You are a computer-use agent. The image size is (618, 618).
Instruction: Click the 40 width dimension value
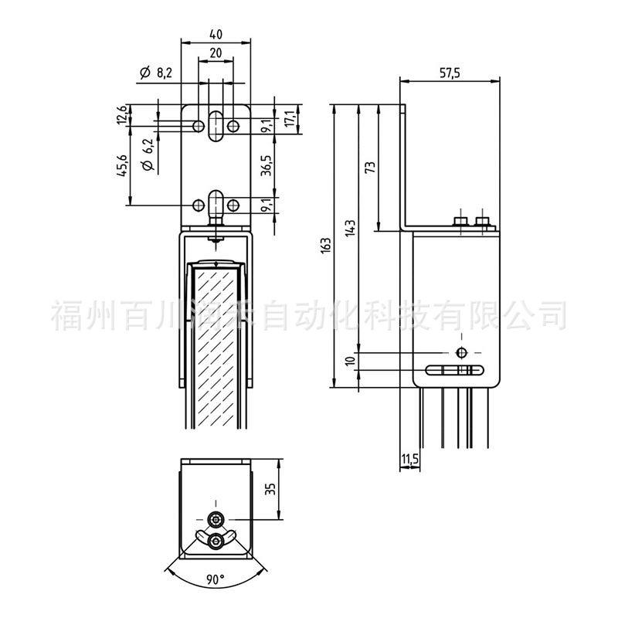(216, 34)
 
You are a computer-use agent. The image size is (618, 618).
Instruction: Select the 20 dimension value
(216, 53)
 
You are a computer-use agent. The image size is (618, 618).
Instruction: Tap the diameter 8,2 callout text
(156, 73)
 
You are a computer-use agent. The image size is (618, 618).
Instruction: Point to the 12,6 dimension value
(122, 114)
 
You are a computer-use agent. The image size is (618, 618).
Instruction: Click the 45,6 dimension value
(123, 165)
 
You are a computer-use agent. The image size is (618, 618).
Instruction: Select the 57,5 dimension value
(450, 73)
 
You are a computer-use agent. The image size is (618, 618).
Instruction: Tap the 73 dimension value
(371, 168)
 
